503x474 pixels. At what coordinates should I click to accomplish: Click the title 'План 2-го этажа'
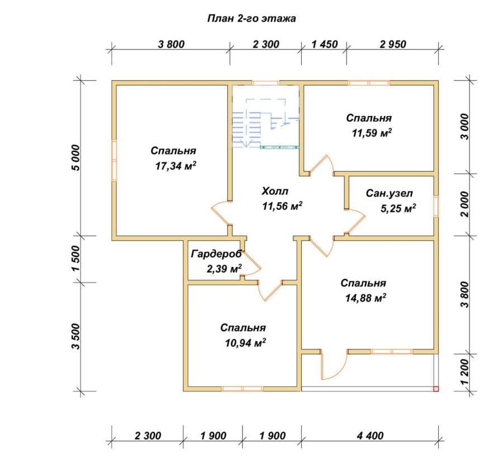251,18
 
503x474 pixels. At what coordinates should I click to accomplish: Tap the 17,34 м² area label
176,166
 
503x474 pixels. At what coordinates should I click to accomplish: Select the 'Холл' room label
275,191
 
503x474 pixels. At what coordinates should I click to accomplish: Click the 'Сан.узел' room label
389,194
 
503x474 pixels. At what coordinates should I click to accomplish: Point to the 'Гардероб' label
216,254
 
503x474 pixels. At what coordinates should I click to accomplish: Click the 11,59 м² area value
372,133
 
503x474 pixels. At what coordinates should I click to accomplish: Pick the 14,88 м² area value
366,298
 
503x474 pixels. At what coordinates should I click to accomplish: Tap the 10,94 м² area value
245,343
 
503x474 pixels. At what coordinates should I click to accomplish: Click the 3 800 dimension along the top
172,44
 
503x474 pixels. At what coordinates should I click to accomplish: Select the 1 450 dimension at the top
325,44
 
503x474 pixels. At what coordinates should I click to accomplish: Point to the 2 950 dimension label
393,44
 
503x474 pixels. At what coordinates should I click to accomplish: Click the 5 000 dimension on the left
75,157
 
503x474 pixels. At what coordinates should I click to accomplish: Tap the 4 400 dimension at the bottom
370,436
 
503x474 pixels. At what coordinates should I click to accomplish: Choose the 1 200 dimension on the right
464,372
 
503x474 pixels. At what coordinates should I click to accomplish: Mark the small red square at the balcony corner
436,389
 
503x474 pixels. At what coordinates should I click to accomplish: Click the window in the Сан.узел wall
436,206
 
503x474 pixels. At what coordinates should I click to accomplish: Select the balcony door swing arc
334,365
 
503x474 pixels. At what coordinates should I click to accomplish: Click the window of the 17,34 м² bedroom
114,160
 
